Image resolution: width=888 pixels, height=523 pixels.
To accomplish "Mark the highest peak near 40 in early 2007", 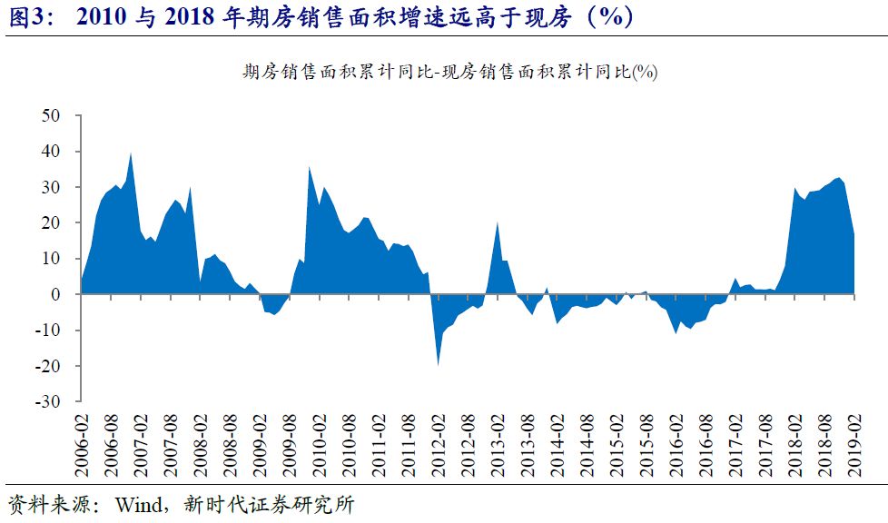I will pyautogui.click(x=131, y=153).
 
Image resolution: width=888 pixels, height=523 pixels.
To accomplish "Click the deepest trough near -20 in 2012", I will pyautogui.click(x=439, y=364).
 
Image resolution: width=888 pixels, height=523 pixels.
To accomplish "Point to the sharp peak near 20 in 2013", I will pyautogui.click(x=498, y=222).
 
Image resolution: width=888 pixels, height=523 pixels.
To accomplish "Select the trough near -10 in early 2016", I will pyautogui.click(x=676, y=332).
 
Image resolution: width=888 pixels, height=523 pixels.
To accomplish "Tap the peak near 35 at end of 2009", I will pyautogui.click(x=310, y=167).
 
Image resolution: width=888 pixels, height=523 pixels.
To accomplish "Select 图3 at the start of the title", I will pyautogui.click(x=25, y=17).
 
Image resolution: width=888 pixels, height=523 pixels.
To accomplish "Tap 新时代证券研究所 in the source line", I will pyautogui.click(x=272, y=505).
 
